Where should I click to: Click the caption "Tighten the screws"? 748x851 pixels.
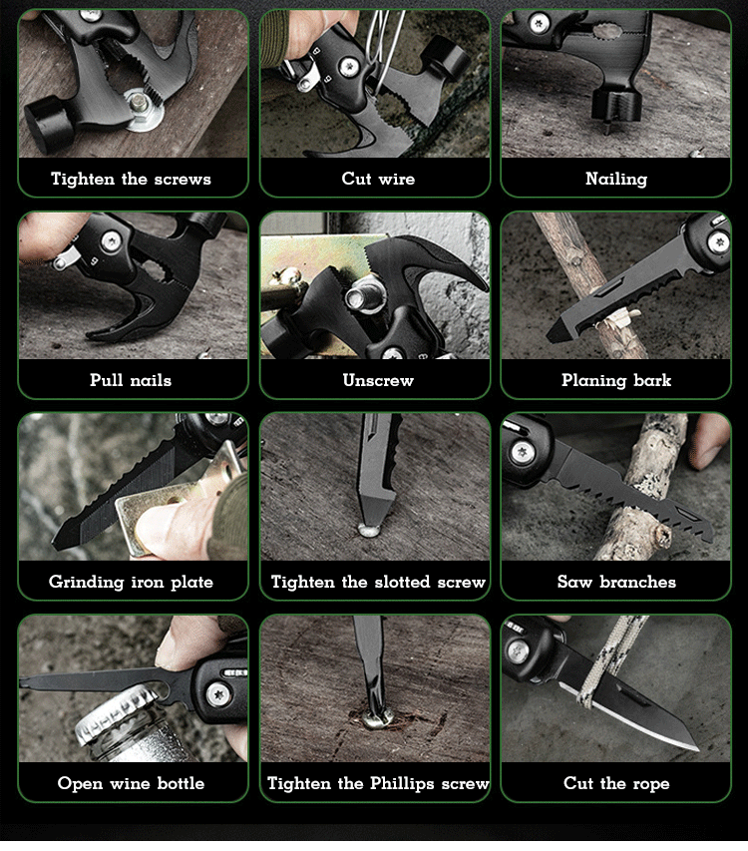coord(131,179)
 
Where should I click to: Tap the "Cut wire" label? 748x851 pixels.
coord(378,179)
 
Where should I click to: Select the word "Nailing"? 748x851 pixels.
coord(616,179)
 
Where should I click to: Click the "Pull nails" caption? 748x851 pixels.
coord(131,380)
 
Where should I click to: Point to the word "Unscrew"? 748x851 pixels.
coord(378,380)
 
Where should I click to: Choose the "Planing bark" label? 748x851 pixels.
coord(616,380)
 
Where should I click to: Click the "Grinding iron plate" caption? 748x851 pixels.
coord(131,582)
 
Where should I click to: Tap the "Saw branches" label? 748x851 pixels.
coord(616,582)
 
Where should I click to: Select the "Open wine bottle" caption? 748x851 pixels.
coord(131,783)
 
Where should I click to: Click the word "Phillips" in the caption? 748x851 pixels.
coord(402,783)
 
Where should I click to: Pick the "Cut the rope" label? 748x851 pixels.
coord(616,783)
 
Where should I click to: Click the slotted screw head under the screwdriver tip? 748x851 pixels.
coord(369,529)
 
